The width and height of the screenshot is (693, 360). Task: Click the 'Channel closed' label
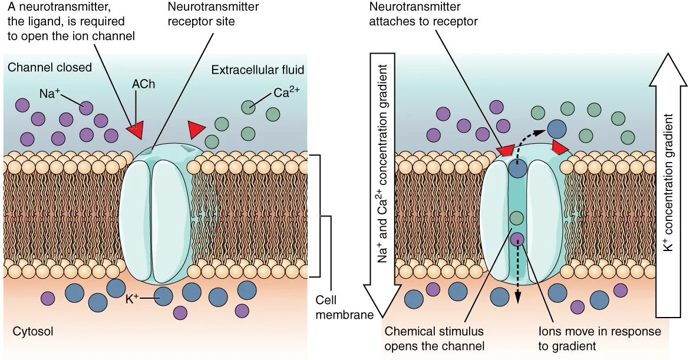pyautogui.click(x=49, y=68)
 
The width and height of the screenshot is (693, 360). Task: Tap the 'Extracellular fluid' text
pyautogui.click(x=258, y=70)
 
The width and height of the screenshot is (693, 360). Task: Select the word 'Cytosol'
pyautogui.click(x=33, y=332)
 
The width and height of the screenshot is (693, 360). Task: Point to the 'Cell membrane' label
pyautogui.click(x=345, y=308)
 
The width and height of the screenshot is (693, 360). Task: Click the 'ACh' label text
pyautogui.click(x=144, y=84)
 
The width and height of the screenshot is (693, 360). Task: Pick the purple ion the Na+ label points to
pyautogui.click(x=87, y=108)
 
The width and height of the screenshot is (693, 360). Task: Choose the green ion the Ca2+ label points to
pyautogui.click(x=248, y=107)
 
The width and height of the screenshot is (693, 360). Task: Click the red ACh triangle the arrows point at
pyautogui.click(x=136, y=131)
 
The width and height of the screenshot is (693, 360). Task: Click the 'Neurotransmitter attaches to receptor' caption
pyautogui.click(x=423, y=14)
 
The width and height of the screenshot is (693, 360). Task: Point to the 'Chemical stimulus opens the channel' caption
pyautogui.click(x=434, y=338)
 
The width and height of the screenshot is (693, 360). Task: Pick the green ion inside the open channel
pyautogui.click(x=516, y=219)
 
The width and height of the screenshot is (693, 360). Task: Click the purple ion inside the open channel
pyautogui.click(x=517, y=239)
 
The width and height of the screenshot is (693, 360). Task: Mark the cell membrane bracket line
pyautogui.click(x=320, y=216)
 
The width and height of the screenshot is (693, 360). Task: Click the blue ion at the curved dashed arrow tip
pyautogui.click(x=556, y=128)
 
